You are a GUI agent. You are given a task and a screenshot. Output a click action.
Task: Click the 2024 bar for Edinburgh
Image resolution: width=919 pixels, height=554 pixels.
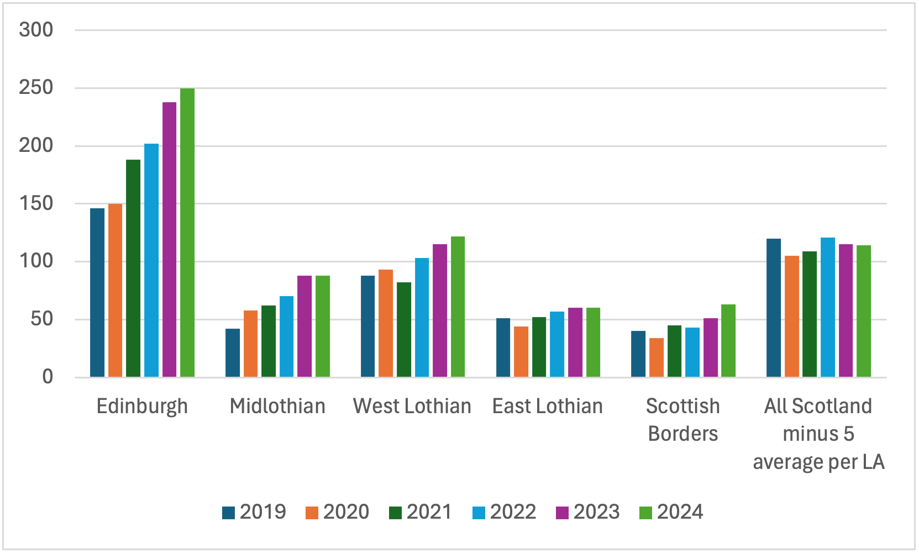187,233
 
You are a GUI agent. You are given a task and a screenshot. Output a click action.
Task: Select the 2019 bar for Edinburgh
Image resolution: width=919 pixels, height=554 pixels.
97,293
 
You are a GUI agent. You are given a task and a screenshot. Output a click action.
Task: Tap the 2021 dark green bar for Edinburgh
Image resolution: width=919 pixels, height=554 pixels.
133,268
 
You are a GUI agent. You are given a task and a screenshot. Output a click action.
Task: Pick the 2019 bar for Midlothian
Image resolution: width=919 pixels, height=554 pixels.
233,353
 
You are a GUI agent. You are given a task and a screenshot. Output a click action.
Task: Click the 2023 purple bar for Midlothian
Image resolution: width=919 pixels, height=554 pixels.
304,326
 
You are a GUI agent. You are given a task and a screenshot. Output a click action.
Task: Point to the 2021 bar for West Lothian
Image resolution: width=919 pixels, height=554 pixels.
404,330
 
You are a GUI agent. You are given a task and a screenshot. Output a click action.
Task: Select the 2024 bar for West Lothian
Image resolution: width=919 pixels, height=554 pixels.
458,307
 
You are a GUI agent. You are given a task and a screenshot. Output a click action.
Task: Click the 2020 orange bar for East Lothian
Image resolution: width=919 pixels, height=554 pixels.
521,352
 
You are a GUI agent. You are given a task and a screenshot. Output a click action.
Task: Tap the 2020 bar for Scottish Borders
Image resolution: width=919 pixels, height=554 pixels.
657,357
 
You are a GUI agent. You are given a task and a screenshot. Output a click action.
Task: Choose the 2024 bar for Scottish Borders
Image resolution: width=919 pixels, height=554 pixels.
728,341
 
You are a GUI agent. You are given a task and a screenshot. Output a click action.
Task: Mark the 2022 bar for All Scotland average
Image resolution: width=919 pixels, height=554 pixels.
828,308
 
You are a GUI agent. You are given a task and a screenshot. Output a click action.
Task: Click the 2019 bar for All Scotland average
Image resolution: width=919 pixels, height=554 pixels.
774,308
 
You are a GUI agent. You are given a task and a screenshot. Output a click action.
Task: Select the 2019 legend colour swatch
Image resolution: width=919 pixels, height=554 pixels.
228,513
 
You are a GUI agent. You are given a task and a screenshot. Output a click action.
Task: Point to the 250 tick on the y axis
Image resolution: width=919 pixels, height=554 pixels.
36,88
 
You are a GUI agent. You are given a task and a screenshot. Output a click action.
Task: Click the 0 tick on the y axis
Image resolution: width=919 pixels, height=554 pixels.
48,377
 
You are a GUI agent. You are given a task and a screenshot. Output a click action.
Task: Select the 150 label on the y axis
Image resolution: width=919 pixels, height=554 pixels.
36,204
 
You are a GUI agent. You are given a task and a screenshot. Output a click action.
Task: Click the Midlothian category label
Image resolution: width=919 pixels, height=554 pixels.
277,407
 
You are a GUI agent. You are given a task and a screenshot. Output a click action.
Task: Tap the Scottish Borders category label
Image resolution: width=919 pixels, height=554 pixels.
683,420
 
